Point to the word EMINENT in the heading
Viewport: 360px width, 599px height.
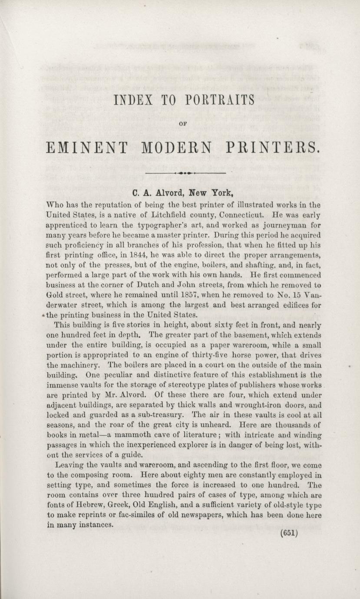85,148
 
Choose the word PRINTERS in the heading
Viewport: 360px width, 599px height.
273,148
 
